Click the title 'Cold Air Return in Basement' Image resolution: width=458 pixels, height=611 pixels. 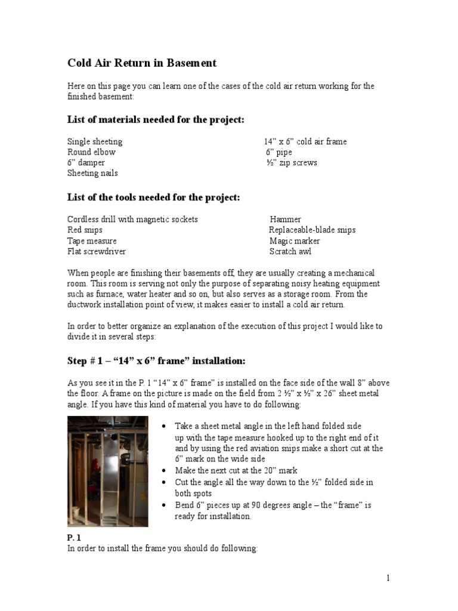click(x=141, y=63)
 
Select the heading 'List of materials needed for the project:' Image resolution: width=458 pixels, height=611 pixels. click(x=156, y=120)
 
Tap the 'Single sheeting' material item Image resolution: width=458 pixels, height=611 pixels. click(x=95, y=141)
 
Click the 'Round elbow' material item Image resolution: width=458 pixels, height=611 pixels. click(x=91, y=152)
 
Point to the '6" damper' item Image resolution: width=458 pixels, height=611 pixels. click(x=86, y=162)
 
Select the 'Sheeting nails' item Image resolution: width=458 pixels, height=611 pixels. click(x=92, y=173)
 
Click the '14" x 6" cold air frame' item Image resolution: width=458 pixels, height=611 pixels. click(x=305, y=141)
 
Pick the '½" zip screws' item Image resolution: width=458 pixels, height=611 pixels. click(x=292, y=162)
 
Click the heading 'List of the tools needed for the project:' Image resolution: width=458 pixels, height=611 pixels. click(x=153, y=198)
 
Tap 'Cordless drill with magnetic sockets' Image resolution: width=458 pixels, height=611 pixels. click(x=132, y=219)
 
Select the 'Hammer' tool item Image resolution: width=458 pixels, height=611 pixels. click(x=285, y=219)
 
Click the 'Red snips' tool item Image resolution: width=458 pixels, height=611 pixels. click(x=85, y=230)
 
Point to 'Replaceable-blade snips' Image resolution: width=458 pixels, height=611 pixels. click(x=312, y=230)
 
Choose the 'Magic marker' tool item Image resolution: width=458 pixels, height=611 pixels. click(x=295, y=240)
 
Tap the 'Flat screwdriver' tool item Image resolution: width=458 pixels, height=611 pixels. click(x=96, y=251)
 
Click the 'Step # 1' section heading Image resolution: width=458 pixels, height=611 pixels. click(x=156, y=361)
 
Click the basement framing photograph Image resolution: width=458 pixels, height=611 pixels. click(x=107, y=471)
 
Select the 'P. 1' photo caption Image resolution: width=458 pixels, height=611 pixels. click(x=74, y=537)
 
